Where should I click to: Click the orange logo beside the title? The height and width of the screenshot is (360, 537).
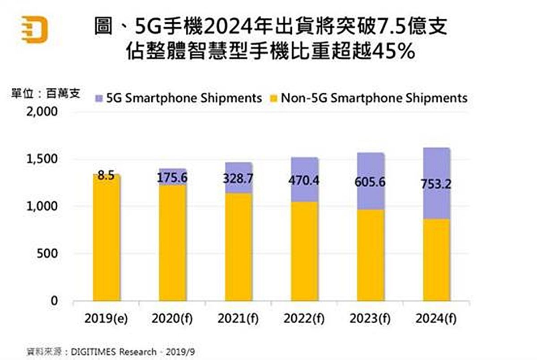pos(35,30)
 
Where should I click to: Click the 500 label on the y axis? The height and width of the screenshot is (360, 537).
pos(47,253)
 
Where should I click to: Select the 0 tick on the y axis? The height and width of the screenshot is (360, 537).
pos(54,300)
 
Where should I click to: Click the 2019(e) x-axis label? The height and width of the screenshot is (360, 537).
pos(106,319)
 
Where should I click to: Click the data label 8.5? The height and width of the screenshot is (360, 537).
pos(106,175)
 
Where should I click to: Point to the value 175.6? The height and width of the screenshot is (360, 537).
pos(172,178)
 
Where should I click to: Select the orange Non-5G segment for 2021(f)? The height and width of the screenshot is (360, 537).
pos(239,246)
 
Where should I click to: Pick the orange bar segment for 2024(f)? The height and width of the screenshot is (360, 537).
pos(436,260)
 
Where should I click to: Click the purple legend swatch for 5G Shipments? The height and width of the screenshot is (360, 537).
pos(99,98)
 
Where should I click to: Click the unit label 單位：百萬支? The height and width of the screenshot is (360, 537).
pos(45,94)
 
